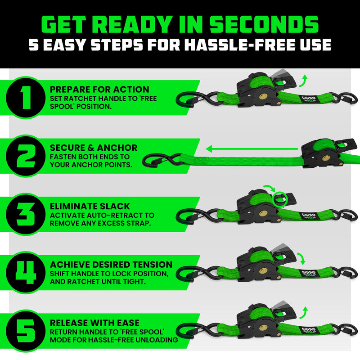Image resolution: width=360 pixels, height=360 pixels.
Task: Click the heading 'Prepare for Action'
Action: pyautogui.click(x=99, y=90)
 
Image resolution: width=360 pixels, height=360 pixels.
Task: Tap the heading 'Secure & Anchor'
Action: pyautogui.click(x=94, y=148)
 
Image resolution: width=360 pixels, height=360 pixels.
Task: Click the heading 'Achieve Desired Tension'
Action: pyautogui.click(x=111, y=264)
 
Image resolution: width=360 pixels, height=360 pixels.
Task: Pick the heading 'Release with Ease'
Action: pyautogui.click(x=94, y=323)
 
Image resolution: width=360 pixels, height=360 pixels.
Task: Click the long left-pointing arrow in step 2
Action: pyautogui.click(x=252, y=148)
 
